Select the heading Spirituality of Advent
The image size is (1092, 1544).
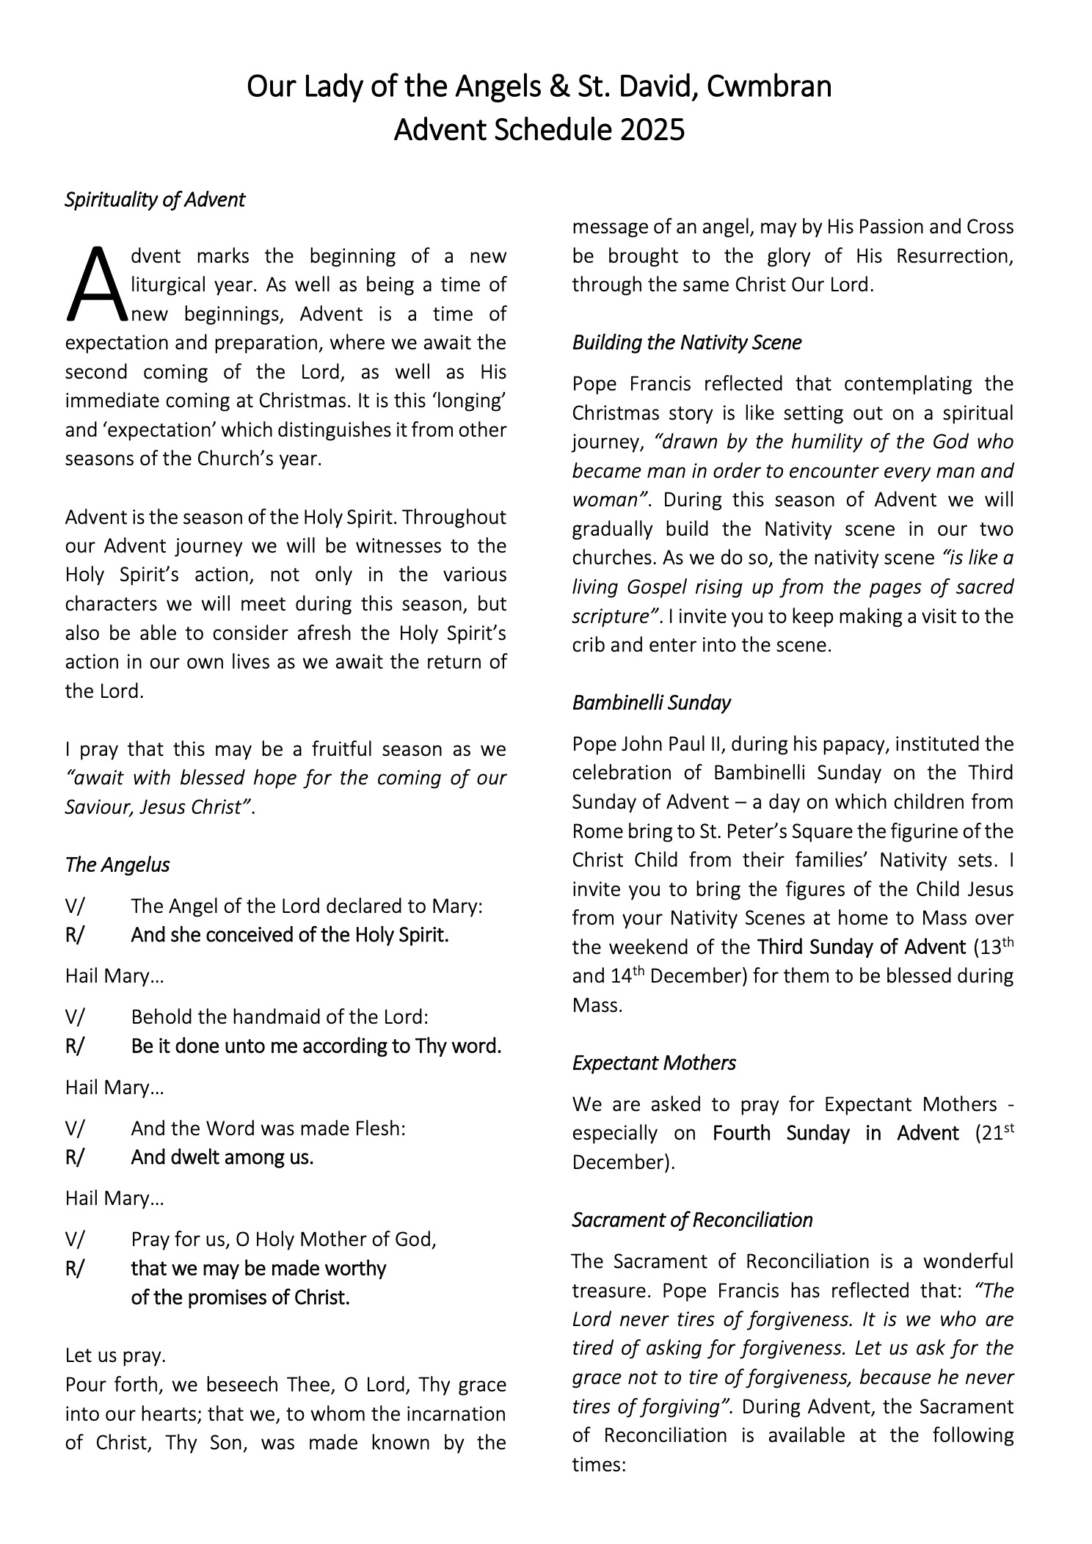pyautogui.click(x=155, y=200)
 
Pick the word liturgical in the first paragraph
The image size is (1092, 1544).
pyautogui.click(x=168, y=285)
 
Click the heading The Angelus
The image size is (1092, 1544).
pyautogui.click(x=117, y=864)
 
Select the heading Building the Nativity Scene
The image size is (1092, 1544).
pyautogui.click(x=687, y=343)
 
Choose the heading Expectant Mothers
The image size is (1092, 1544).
pyautogui.click(x=654, y=1063)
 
